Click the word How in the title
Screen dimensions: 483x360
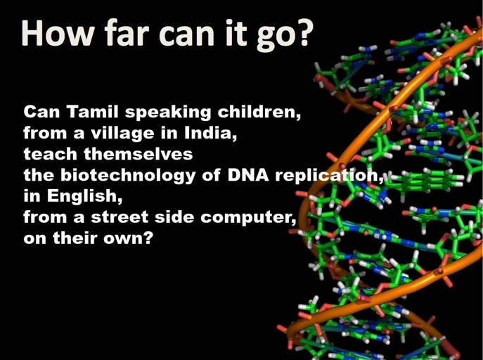point(57,33)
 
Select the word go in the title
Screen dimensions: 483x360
point(274,37)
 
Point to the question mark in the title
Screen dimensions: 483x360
point(302,33)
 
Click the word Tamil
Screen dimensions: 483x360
point(92,112)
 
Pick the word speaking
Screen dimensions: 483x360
point(168,112)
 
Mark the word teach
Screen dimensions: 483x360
point(50,154)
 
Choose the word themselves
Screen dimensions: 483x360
point(139,154)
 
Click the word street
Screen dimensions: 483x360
point(120,217)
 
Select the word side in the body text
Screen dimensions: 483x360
point(174,217)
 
